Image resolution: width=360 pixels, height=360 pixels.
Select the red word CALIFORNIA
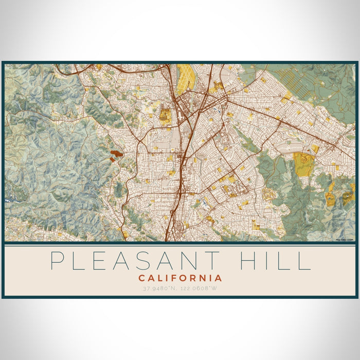point(180,278)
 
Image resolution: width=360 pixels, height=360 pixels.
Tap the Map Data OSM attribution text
point(345,239)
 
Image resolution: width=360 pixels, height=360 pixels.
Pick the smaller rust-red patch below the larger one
point(112,159)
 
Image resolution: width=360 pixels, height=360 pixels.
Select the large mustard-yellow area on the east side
point(303,164)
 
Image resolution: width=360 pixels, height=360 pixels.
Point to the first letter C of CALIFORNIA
point(141,278)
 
